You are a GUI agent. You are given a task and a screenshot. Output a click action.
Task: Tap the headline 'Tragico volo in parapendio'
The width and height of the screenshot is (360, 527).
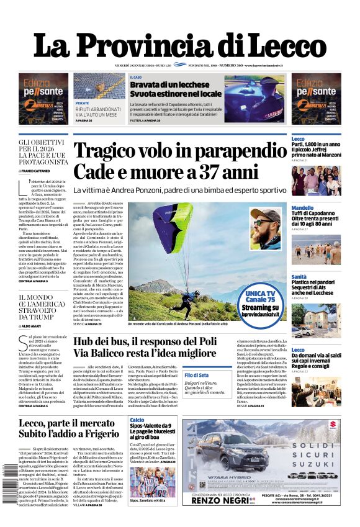click(176, 151)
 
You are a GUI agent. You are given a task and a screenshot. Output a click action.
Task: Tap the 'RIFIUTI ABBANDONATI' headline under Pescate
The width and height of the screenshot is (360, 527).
click(98, 109)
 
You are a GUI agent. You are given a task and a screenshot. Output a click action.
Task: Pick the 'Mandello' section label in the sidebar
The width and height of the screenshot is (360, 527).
click(302, 208)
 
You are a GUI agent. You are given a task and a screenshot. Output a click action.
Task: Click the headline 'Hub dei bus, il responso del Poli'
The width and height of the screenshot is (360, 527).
click(144, 341)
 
